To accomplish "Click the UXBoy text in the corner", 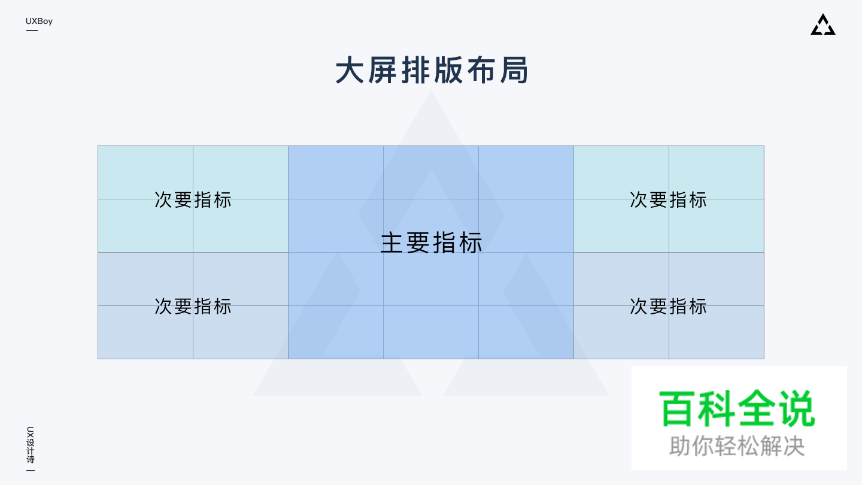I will click(39, 22).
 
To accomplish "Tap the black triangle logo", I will click(823, 25).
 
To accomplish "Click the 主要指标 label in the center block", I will click(432, 243).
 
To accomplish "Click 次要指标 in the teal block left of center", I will click(193, 199).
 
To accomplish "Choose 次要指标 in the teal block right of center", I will click(668, 199).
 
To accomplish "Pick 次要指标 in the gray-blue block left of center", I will click(193, 306).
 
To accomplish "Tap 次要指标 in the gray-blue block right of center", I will click(668, 306).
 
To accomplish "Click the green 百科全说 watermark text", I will click(737, 408).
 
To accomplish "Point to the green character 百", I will click(679, 408).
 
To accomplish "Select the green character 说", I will click(796, 408).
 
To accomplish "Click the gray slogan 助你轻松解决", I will click(737, 446).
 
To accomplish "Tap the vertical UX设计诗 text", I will click(31, 445).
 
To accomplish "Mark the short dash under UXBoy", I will click(32, 31).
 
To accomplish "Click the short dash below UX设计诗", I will click(31, 471).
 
